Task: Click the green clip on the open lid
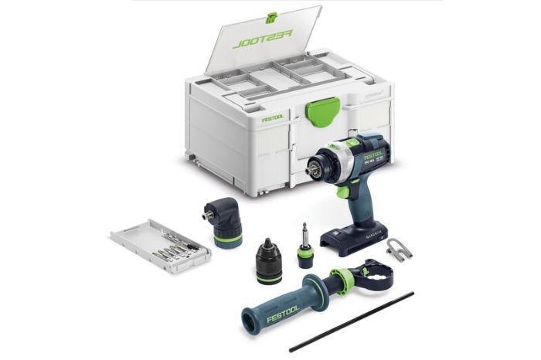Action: pyautogui.click(x=270, y=17)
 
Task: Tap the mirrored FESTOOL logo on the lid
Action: pyautogui.click(x=263, y=36)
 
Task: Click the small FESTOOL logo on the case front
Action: pyautogui.click(x=273, y=119)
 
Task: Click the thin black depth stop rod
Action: pyautogui.click(x=352, y=321)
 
